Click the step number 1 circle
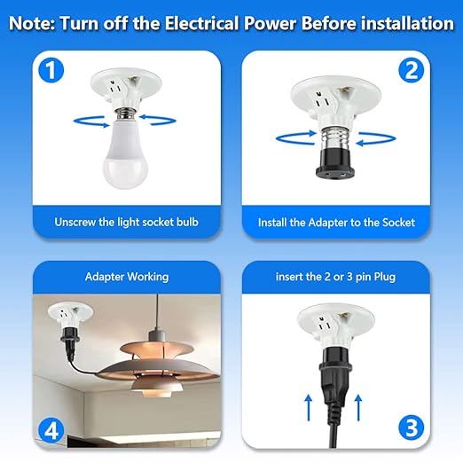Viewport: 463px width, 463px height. (51, 71)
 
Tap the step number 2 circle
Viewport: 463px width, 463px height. (411, 71)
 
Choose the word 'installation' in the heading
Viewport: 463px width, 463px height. (403, 24)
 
